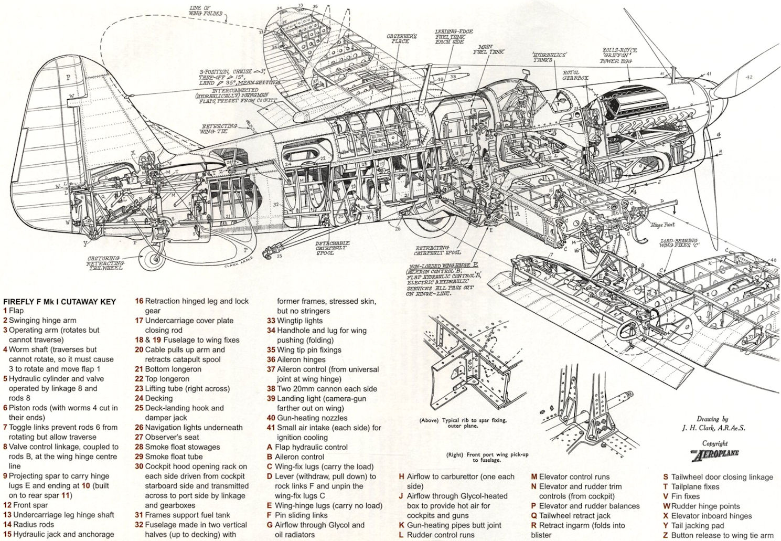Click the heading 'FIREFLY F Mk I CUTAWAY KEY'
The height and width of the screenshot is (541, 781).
pyautogui.click(x=59, y=301)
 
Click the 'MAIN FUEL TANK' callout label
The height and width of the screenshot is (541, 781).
pyautogui.click(x=488, y=50)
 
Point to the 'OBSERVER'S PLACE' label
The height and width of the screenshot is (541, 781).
pyautogui.click(x=401, y=38)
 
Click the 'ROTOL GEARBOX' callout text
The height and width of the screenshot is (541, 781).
pyautogui.click(x=575, y=75)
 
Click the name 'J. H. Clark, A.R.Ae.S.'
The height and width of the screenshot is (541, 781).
pyautogui.click(x=713, y=428)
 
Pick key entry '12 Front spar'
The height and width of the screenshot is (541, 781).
pyautogui.click(x=25, y=505)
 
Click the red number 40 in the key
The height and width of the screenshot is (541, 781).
pyautogui.click(x=271, y=418)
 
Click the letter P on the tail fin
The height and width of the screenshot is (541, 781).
pyautogui.click(x=68, y=77)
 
